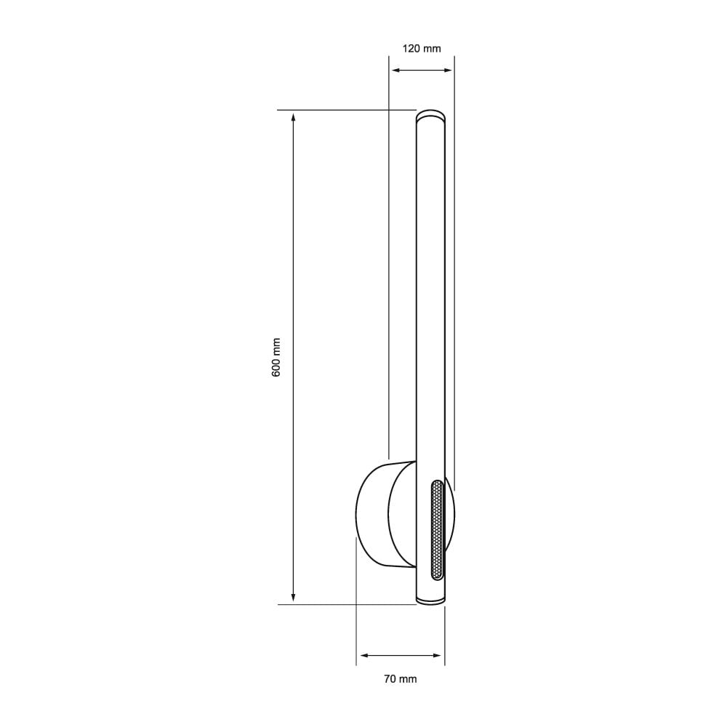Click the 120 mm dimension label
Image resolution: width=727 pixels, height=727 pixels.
[x=422, y=49]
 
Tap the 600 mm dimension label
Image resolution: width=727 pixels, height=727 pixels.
[x=276, y=356]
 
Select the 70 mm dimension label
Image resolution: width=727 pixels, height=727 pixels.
[x=400, y=679]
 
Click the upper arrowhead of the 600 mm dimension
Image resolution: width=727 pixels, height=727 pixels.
[x=293, y=116]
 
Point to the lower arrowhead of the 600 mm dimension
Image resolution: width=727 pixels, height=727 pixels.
[x=293, y=598]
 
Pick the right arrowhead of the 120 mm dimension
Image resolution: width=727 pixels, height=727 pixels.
[x=448, y=70]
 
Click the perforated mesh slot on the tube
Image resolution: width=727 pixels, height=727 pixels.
[x=437, y=529]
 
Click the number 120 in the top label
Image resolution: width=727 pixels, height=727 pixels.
[x=411, y=49]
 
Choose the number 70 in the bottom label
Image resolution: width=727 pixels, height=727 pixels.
[x=389, y=679]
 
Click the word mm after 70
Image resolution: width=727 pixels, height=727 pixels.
[x=408, y=679]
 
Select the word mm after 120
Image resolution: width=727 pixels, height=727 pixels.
[x=432, y=49]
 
